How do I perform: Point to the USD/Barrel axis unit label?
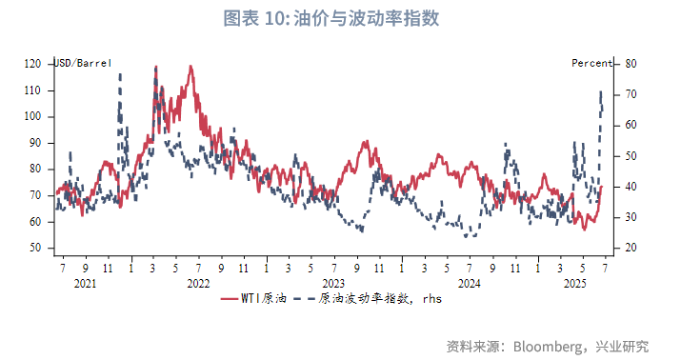83,63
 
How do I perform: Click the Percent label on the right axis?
591,63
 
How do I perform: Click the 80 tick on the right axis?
630,64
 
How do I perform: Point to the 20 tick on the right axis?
630,248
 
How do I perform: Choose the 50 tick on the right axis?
630,156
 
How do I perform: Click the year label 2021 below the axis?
85,283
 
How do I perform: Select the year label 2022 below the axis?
198,283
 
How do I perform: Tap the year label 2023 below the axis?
333,283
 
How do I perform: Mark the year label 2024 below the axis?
469,283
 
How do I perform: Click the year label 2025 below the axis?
574,283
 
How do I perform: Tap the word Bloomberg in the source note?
549,345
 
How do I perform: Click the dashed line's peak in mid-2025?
601,91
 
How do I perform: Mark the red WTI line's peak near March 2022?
155,67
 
